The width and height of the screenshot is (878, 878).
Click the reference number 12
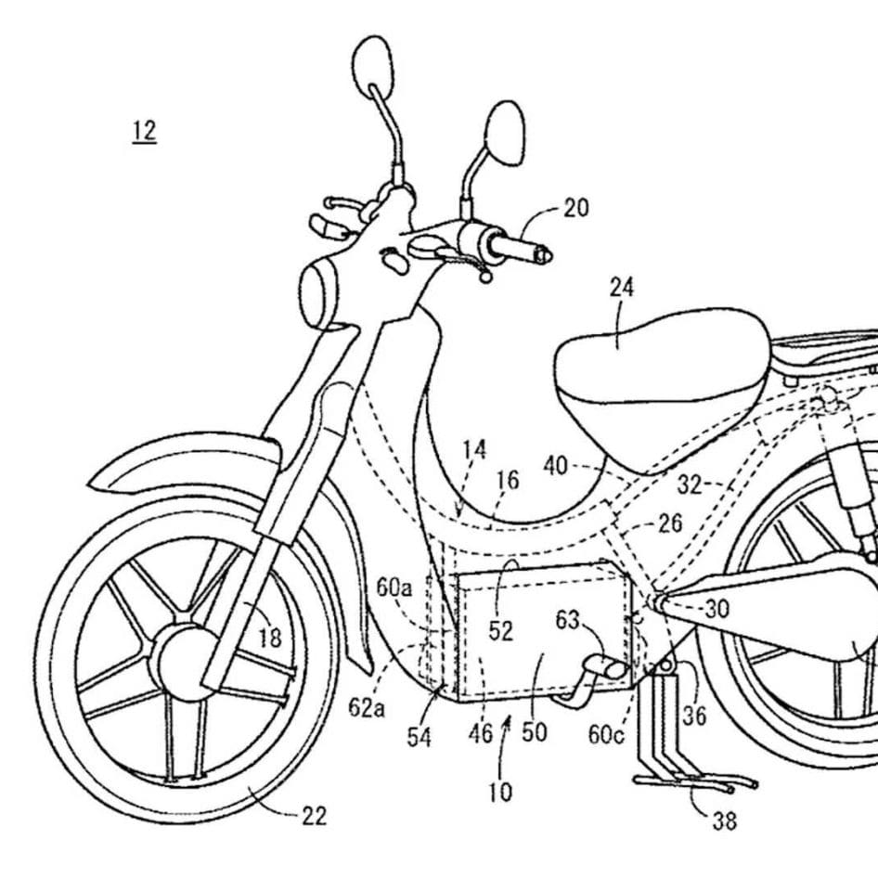[x=144, y=131]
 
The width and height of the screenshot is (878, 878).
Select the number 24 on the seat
[x=622, y=287]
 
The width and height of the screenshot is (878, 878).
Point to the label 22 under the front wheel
[x=314, y=816]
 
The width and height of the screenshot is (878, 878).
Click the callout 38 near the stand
[x=726, y=820]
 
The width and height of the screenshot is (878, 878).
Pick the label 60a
[x=394, y=587]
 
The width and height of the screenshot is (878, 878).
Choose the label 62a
[x=367, y=708]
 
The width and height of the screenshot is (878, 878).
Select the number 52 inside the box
[x=501, y=631]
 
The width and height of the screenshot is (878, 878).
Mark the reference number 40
[x=556, y=467]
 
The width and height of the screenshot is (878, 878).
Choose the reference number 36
[x=694, y=717]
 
